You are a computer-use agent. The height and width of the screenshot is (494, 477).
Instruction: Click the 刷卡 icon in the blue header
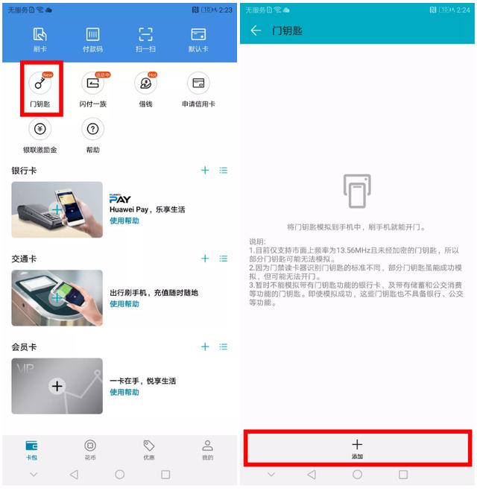pos(40,36)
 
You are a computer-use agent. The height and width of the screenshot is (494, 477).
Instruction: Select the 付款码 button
pos(93,36)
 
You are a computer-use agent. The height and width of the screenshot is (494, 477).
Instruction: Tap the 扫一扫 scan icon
pos(146,36)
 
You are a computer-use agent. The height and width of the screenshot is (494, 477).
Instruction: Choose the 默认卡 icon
pos(198,36)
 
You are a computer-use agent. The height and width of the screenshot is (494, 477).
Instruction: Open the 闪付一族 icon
pos(93,84)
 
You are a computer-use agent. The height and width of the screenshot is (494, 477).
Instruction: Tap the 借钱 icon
pos(145,84)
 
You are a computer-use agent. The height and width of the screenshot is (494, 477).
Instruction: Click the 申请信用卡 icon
pos(198,83)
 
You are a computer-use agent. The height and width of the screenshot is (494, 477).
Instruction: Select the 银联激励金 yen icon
pos(40,129)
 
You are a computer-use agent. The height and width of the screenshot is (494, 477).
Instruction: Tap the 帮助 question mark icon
pos(93,129)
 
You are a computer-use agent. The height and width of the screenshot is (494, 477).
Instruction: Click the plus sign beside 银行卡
pos(205,171)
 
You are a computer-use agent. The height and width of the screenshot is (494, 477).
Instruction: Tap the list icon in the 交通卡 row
pos(224,259)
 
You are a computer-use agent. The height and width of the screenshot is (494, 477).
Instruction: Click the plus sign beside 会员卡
pos(205,346)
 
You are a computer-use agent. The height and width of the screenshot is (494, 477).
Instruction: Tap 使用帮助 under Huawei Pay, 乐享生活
pos(124,221)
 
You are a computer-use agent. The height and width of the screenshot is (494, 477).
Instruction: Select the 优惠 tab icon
pos(149,446)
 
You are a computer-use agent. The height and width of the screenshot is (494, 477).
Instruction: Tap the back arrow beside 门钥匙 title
pos(256,31)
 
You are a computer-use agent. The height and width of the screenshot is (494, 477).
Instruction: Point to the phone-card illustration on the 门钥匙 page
pos(357,191)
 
